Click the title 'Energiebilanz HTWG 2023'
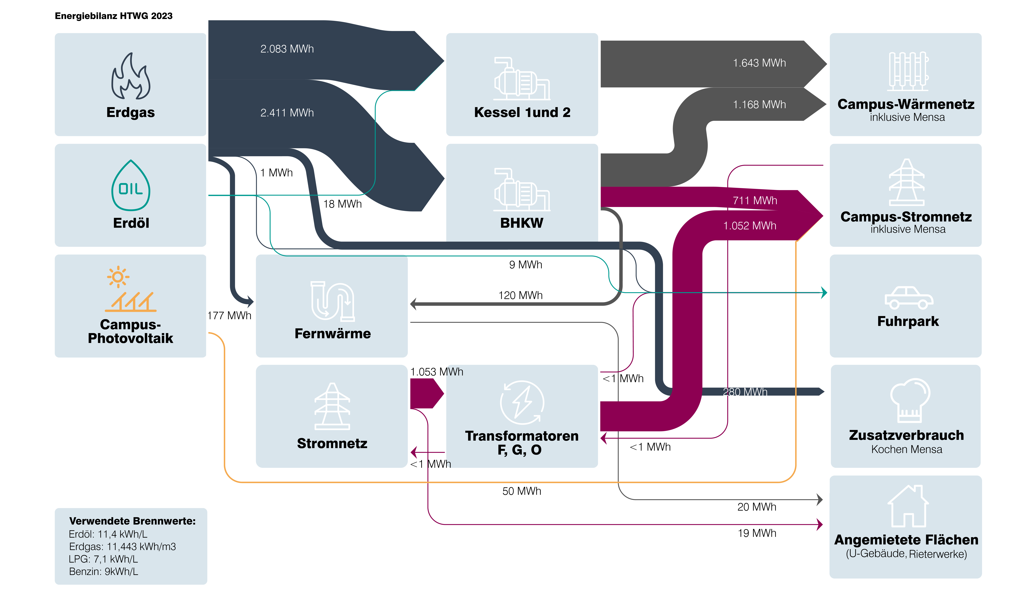[x=113, y=16]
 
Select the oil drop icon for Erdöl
[x=131, y=185]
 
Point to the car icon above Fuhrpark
[x=909, y=298]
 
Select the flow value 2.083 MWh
[x=287, y=49]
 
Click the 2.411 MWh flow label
[x=287, y=113]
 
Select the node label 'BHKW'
[x=522, y=223]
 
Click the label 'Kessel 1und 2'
[x=522, y=112]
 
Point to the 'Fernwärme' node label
[x=333, y=333]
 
